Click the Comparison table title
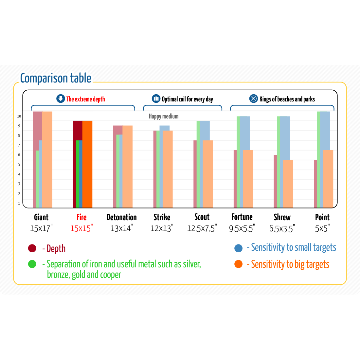(56, 79)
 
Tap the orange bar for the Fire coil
(87, 164)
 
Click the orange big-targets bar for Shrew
(288, 183)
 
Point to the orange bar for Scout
(208, 173)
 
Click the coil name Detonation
(121, 217)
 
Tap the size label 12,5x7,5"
(202, 228)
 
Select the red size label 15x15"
(81, 228)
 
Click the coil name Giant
(41, 217)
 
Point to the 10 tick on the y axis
(19, 116)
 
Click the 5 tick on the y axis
(19, 165)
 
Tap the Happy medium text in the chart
(164, 116)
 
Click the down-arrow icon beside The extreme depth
(61, 99)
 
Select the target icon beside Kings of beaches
(254, 99)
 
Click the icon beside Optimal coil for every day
(156, 99)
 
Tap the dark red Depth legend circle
(32, 248)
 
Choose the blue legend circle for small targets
(239, 248)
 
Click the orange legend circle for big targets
(239, 264)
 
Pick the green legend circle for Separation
(32, 264)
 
